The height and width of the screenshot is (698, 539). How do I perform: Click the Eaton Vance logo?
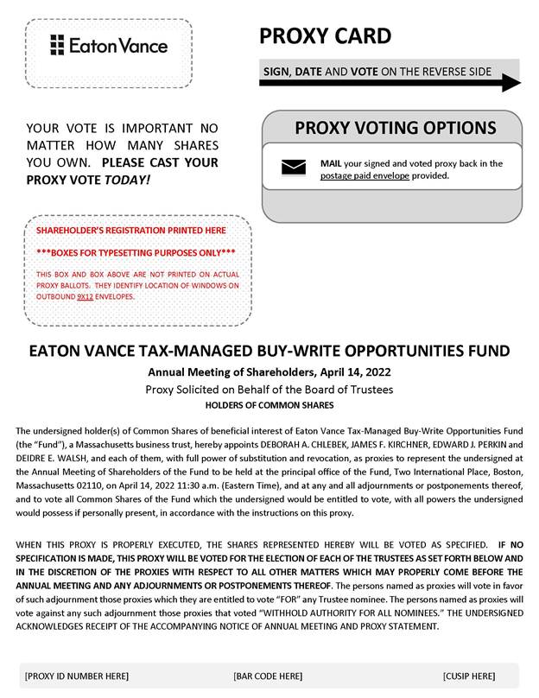[x=109, y=45]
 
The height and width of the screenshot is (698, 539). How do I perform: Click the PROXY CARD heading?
[x=325, y=36]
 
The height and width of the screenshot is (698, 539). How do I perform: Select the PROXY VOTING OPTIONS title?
[x=396, y=129]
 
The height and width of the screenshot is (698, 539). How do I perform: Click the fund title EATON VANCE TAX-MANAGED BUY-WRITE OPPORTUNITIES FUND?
[x=269, y=352]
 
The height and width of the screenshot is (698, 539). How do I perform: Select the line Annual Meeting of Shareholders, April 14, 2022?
[x=269, y=372]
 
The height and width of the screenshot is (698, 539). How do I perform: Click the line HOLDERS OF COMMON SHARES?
[x=269, y=405]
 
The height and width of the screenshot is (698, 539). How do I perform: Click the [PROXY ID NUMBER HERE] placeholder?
[x=77, y=676]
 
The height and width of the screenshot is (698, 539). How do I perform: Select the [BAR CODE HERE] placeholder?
[x=268, y=676]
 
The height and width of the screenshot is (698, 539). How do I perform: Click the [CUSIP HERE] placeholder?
[x=469, y=676]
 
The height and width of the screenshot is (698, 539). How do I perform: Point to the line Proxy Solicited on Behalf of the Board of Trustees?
[x=269, y=390]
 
